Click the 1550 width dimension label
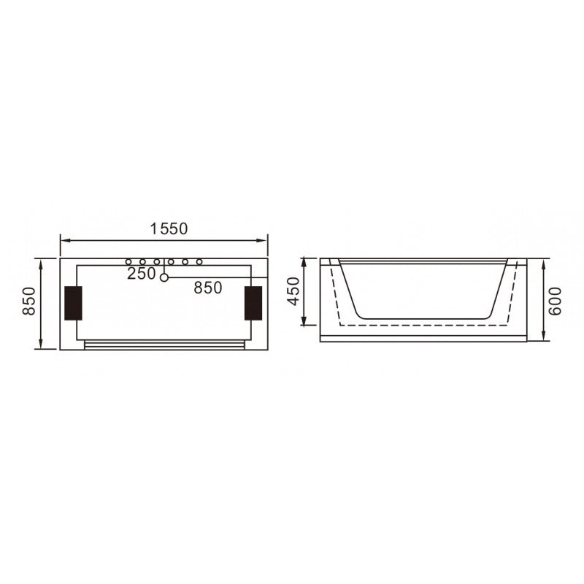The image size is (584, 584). click(x=169, y=228)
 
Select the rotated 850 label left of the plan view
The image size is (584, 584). click(x=29, y=301)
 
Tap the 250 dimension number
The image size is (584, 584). click(x=141, y=274)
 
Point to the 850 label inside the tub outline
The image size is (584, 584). click(x=208, y=288)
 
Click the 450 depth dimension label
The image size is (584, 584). click(x=294, y=291)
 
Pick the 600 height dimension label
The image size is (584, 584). click(x=555, y=301)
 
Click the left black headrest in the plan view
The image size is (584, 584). click(x=73, y=303)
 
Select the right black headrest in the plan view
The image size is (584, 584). click(x=253, y=303)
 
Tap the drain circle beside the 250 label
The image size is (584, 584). click(x=164, y=277)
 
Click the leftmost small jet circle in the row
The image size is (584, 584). click(x=128, y=262)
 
